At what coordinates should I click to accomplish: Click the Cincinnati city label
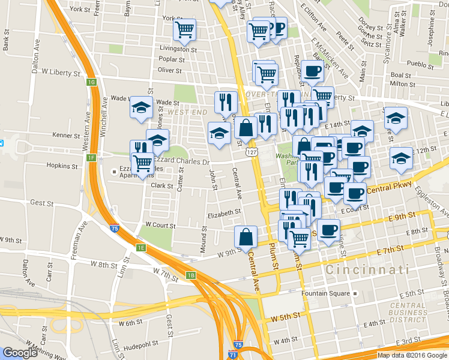tap(367, 271)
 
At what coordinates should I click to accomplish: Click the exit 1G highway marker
tap(91, 82)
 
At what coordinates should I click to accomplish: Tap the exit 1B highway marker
tap(191, 275)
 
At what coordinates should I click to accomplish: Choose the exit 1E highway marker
tap(140, 247)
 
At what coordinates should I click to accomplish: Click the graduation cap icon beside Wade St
tap(141, 108)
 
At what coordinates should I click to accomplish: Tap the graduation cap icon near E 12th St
tap(400, 158)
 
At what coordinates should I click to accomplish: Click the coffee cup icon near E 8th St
tap(328, 231)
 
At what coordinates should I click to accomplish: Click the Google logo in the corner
tap(20, 353)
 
